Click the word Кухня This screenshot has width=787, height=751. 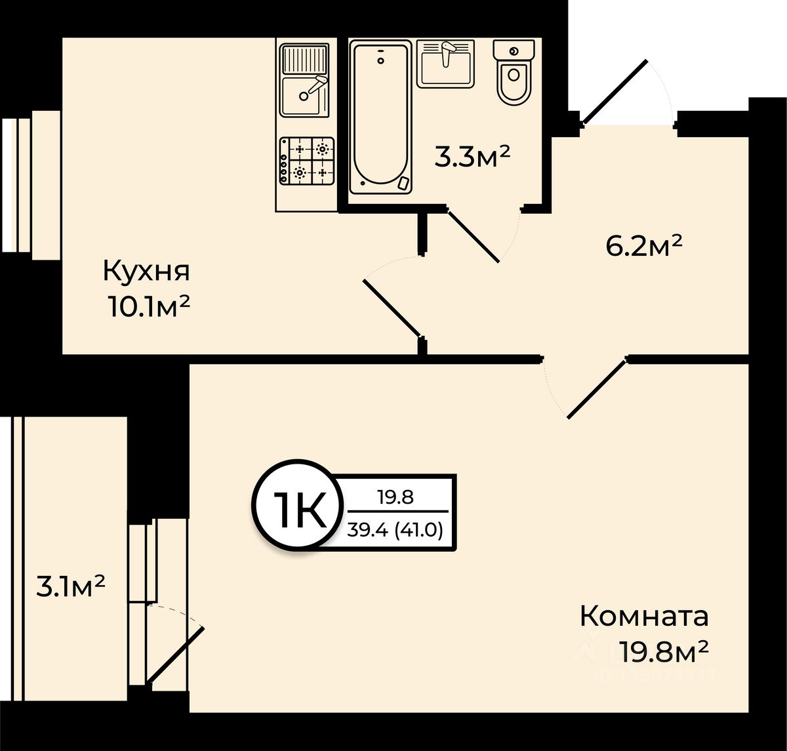pyautogui.click(x=146, y=270)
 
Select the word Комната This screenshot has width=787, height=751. pyautogui.click(x=644, y=617)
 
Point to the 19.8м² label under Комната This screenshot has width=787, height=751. pyautogui.click(x=664, y=652)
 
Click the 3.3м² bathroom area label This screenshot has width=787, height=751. pyautogui.click(x=472, y=157)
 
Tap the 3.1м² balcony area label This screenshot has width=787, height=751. pyautogui.click(x=71, y=586)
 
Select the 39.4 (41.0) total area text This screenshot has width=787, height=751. pyautogui.click(x=397, y=529)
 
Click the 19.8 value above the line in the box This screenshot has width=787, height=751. pyautogui.click(x=396, y=497)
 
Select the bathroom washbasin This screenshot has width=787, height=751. pyautogui.click(x=445, y=64)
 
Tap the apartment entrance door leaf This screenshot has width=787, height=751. pyautogui.click(x=615, y=91)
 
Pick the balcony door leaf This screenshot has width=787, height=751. pyautogui.click(x=176, y=655)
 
